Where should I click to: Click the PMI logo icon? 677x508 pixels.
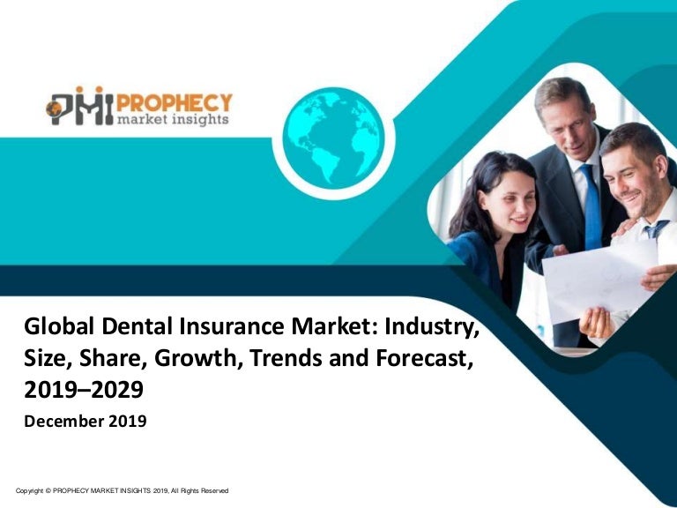(80, 106)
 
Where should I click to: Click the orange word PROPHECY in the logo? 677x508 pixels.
(175, 104)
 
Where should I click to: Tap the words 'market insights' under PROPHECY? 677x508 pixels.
(173, 119)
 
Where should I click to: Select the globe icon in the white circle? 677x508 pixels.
(333, 138)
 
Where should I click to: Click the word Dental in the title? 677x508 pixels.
(137, 325)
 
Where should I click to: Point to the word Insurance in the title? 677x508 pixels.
(232, 325)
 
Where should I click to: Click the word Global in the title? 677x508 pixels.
(59, 325)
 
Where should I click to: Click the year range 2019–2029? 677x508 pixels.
(84, 390)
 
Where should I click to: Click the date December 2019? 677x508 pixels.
(86, 421)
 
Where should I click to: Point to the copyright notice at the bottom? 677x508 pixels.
(123, 490)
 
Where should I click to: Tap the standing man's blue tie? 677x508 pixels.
(591, 207)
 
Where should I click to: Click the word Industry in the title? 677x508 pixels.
(432, 326)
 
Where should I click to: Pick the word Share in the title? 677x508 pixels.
(110, 359)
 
